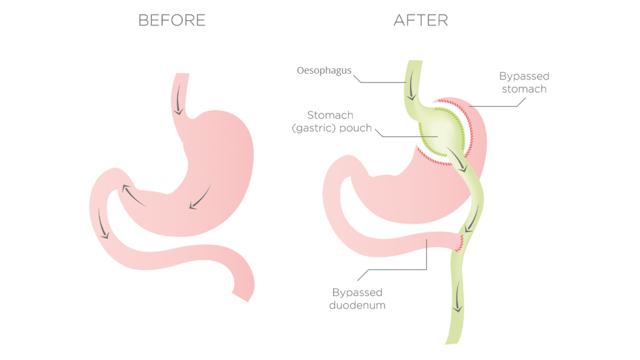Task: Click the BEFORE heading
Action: (172, 21)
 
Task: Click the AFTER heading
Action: (421, 21)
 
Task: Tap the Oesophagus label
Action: (324, 71)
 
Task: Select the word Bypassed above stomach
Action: (524, 76)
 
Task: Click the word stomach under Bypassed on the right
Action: (523, 89)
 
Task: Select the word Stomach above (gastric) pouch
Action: (330, 115)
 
